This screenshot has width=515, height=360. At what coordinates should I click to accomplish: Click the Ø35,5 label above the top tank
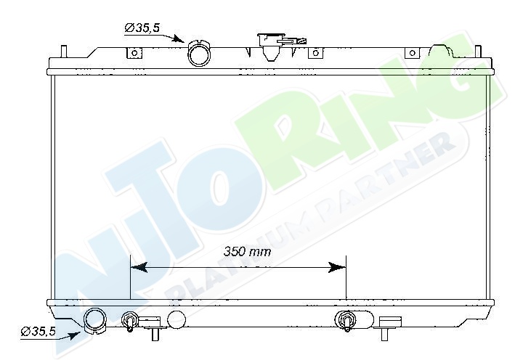(142, 28)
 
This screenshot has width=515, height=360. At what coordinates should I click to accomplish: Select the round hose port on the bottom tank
(95, 321)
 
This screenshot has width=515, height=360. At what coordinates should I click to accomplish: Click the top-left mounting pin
(64, 52)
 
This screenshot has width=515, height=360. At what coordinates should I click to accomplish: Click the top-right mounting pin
(478, 52)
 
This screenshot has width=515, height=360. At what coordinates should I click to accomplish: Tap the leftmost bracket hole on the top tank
(134, 53)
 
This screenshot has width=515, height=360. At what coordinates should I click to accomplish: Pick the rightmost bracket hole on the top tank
(413, 53)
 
